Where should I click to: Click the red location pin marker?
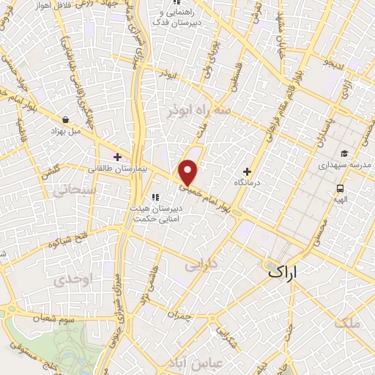(x=188, y=172)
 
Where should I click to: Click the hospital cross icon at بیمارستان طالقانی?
(x=117, y=156)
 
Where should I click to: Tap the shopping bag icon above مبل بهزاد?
(x=67, y=119)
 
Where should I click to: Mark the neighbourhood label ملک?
(x=346, y=323)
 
